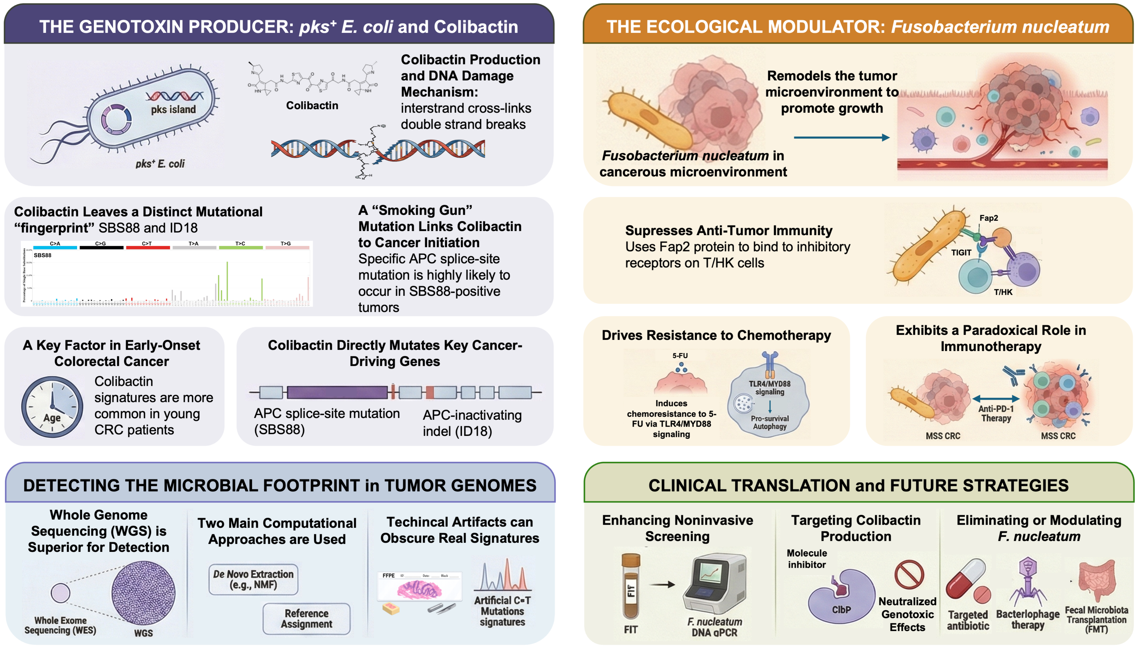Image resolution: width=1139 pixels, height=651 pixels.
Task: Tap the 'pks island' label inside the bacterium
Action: [x=173, y=110]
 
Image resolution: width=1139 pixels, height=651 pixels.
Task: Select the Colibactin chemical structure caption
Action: [x=312, y=106]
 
